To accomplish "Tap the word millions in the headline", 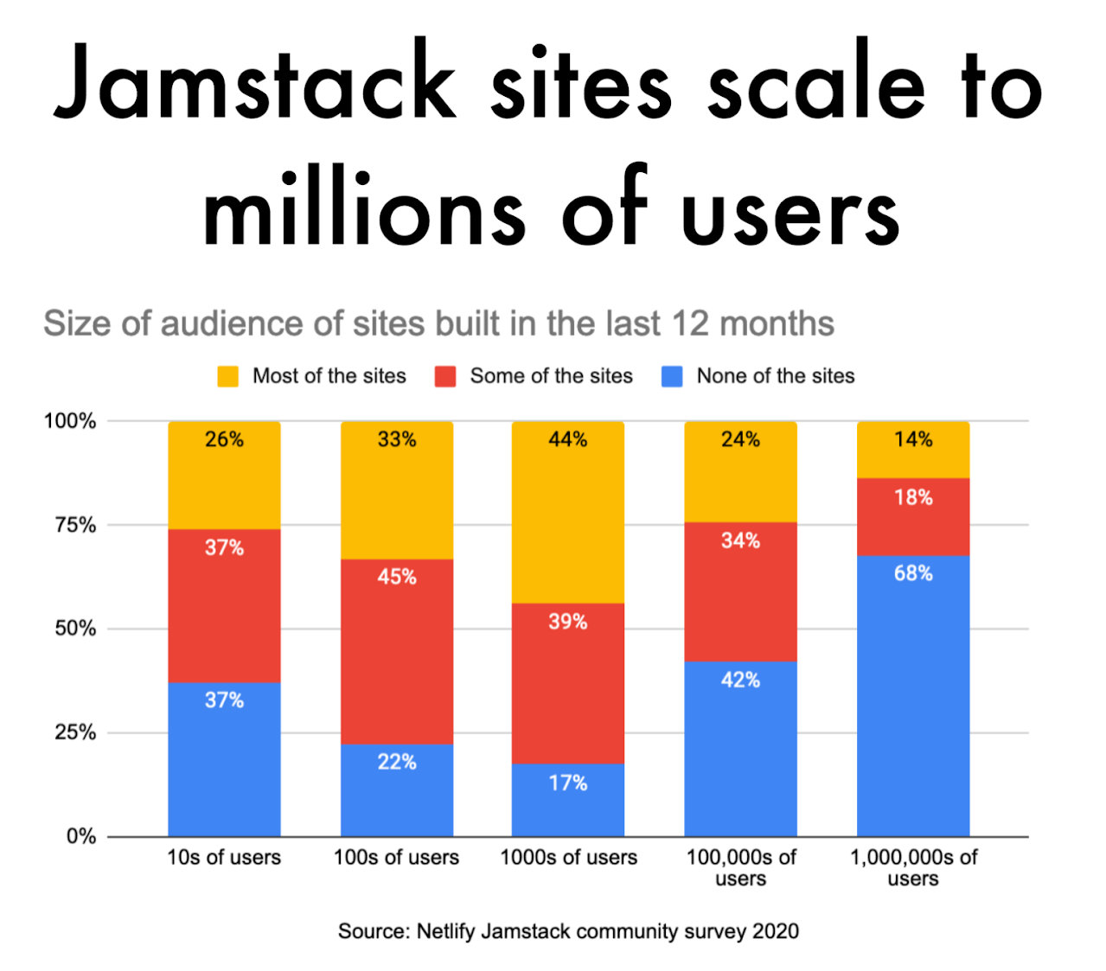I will [363, 212].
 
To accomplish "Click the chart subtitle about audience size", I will [438, 324].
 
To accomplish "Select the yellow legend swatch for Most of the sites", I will [227, 376].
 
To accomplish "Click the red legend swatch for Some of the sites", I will [445, 376].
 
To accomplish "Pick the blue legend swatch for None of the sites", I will [672, 376].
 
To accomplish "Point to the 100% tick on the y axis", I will [70, 421].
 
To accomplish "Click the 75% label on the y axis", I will [75, 525].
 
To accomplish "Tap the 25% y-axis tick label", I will [75, 732].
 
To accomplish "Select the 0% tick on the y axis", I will [80, 836].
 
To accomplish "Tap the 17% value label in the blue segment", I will [568, 783].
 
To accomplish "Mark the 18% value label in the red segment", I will [913, 498].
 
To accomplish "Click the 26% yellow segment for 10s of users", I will [224, 475].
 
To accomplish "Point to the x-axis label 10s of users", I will [224, 858].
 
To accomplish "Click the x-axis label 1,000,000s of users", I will [913, 867].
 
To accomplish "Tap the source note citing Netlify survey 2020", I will [568, 931].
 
